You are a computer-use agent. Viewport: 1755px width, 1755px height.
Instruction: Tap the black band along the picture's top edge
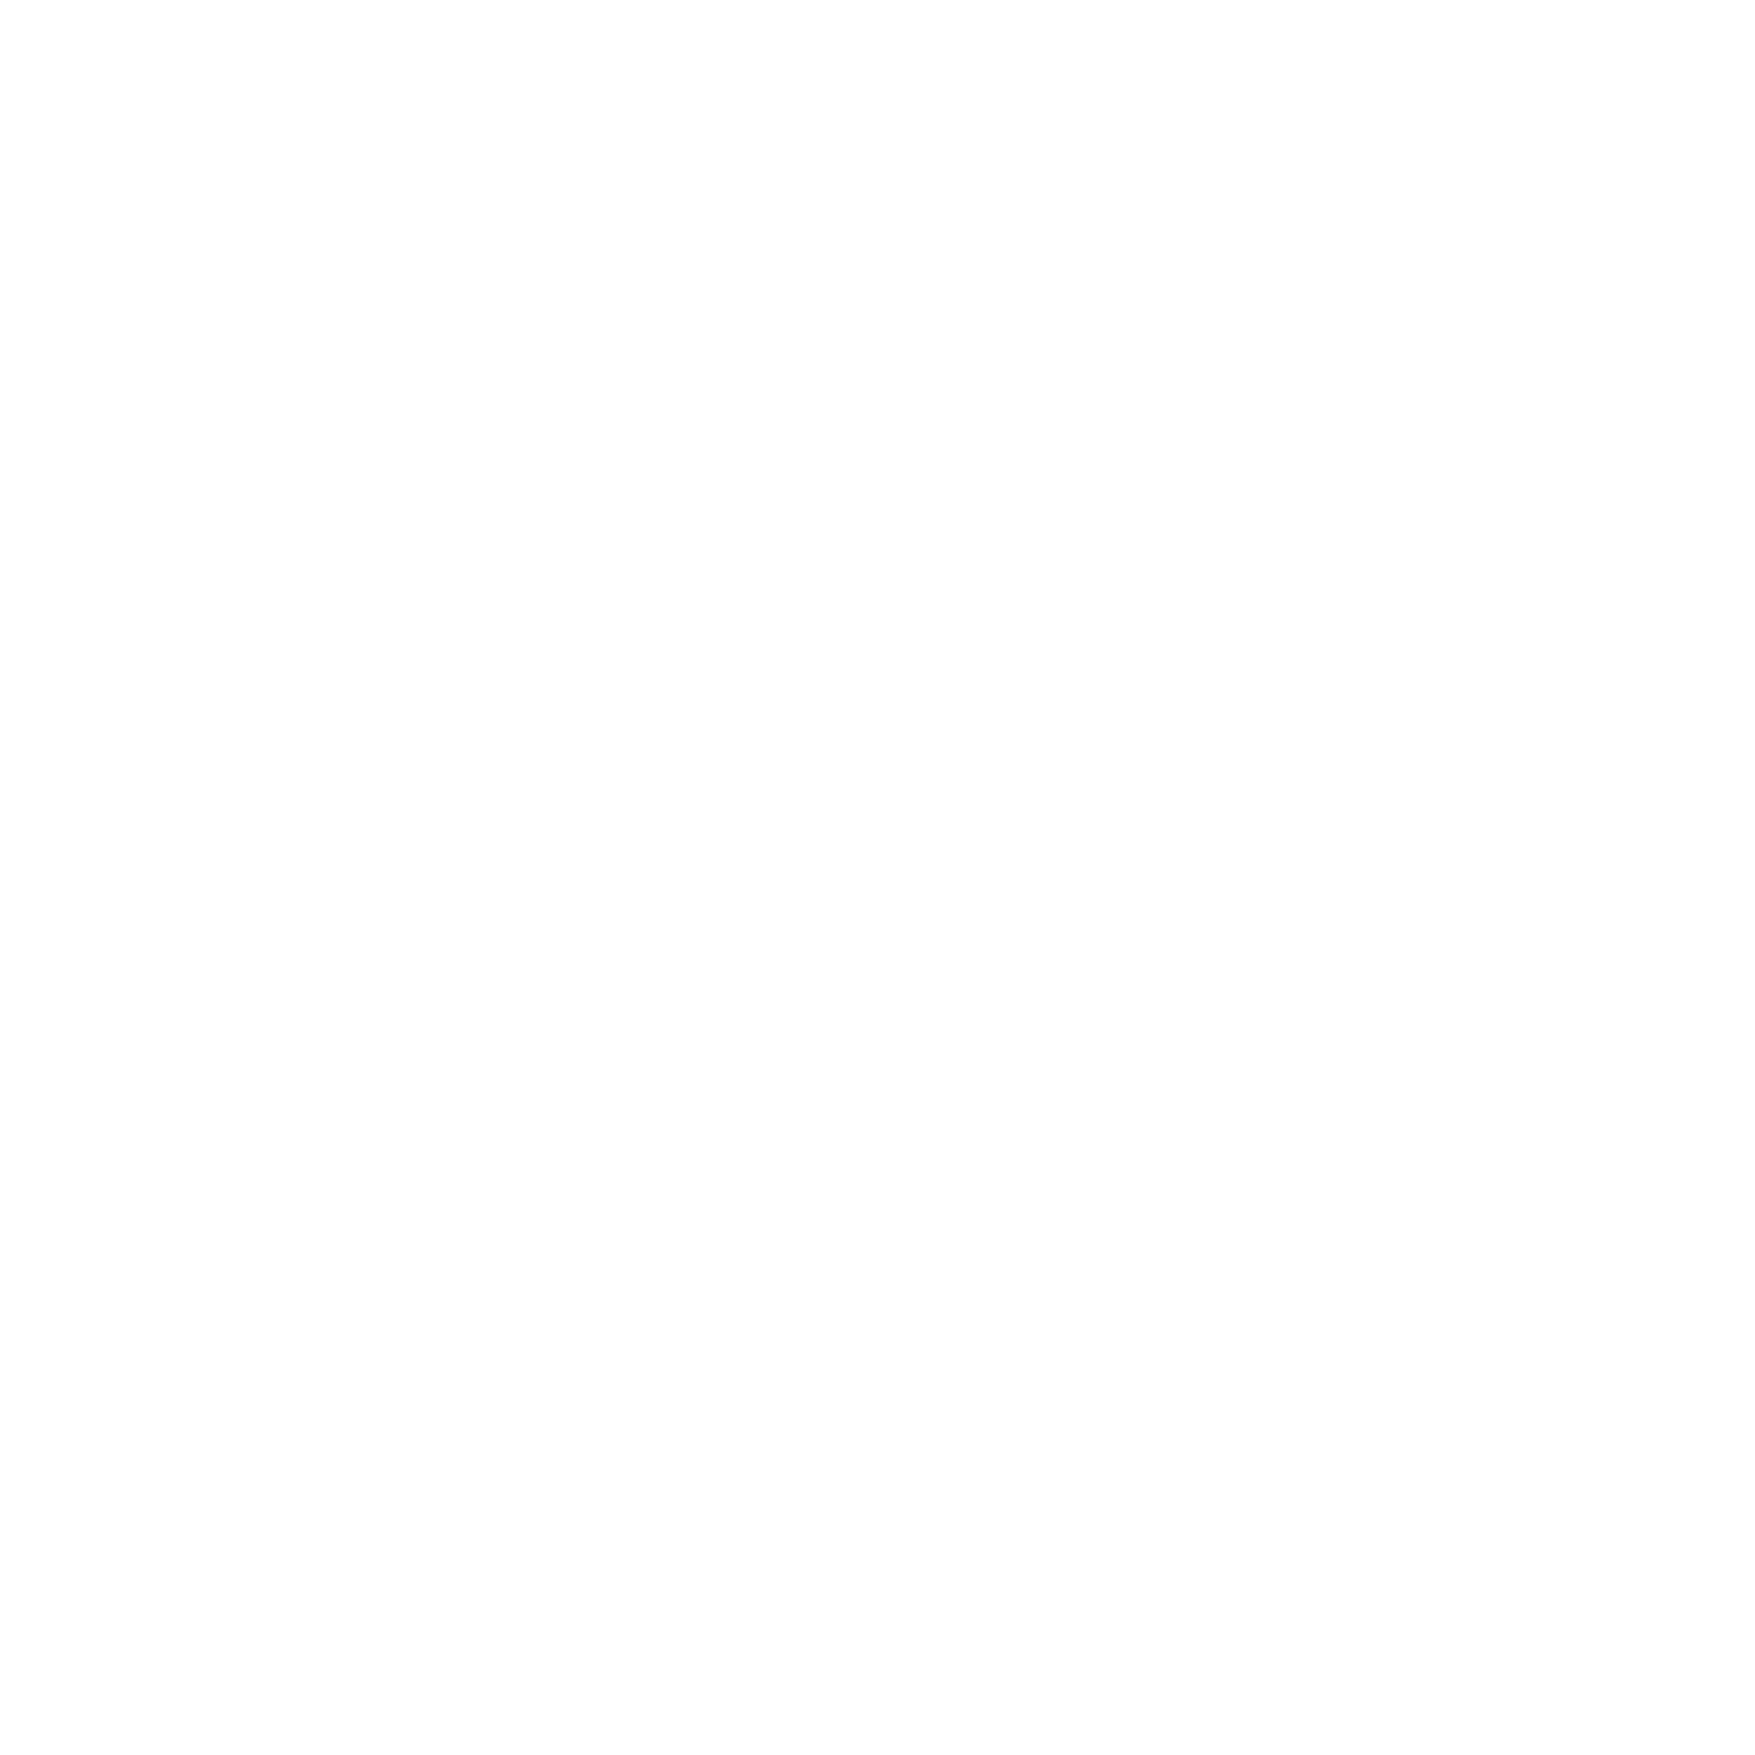[877, 118]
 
